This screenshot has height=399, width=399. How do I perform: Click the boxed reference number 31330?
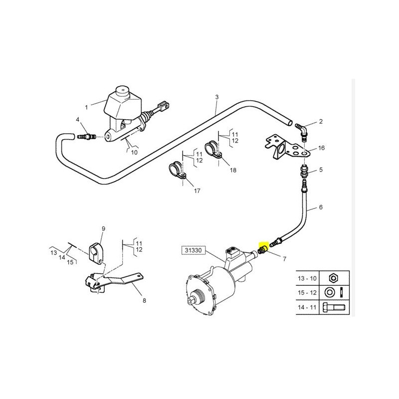point(193,250)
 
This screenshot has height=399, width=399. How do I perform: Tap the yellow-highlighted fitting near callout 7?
point(263,248)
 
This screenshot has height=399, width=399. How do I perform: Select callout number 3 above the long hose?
point(217,97)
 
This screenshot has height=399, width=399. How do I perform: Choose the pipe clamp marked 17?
point(178,171)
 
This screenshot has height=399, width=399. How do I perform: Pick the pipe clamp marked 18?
point(213,151)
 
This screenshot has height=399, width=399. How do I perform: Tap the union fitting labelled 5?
point(305,171)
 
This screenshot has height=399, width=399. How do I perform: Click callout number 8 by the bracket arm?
point(144,301)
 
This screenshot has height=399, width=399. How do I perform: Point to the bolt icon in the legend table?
point(334,307)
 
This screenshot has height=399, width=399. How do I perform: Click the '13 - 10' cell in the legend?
point(307,278)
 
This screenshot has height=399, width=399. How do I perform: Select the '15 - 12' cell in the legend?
point(307,293)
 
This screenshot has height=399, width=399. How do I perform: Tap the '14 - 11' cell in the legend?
point(307,307)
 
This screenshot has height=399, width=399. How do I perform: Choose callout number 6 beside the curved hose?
point(321,207)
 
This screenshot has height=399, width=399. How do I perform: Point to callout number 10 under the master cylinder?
point(134,152)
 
